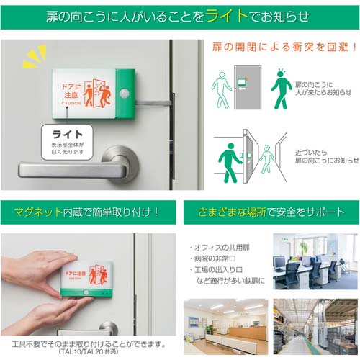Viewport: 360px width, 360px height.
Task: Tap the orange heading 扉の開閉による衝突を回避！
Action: coord(284,48)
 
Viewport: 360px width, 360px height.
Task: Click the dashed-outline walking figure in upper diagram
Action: coord(222,89)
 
